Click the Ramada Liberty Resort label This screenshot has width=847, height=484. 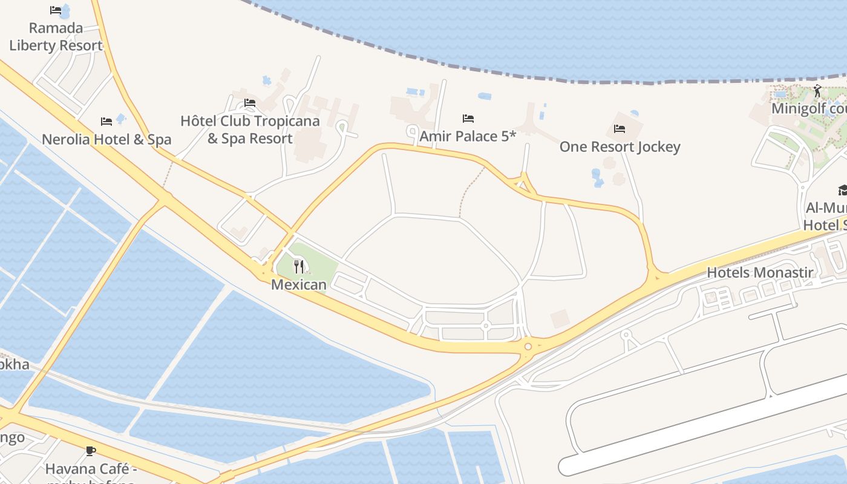point(56,37)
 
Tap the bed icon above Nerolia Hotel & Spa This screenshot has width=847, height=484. point(106,122)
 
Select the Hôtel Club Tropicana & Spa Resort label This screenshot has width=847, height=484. point(250,129)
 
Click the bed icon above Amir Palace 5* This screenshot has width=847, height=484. point(468,118)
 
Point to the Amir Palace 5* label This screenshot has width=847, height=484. point(468,136)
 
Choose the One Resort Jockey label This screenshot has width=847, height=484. point(620,147)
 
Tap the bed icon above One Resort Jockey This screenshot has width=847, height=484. point(619,128)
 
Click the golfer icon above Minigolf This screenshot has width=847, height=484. point(817,91)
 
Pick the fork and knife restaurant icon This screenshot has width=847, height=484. point(299,266)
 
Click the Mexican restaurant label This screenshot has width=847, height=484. point(299,284)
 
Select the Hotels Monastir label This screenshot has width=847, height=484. point(760,272)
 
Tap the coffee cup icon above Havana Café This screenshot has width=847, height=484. point(90,451)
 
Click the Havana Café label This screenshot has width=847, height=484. point(91,469)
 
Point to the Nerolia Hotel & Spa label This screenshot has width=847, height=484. point(106,140)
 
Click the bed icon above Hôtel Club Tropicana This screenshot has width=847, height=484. point(250,103)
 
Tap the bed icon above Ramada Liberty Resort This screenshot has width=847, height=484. point(56,10)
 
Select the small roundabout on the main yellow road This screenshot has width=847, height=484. point(528,347)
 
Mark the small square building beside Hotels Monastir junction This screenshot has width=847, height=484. point(560,318)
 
